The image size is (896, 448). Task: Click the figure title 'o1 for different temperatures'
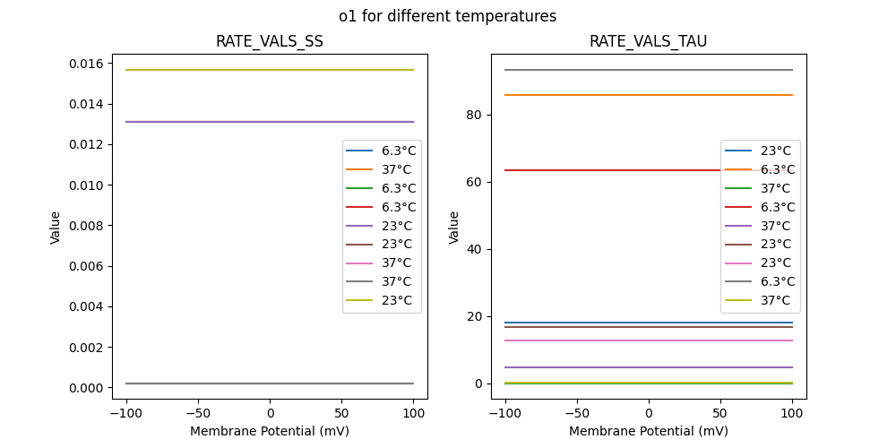(447, 16)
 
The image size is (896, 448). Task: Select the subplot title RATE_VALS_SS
(270, 42)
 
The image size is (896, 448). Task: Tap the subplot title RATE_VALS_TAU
(648, 42)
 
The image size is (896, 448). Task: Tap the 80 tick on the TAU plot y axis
(475, 115)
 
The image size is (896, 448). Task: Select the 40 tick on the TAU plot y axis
(475, 249)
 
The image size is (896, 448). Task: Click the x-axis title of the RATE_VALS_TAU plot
(648, 431)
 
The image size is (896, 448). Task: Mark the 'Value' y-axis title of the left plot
(56, 227)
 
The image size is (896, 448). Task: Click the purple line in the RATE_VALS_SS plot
(224, 122)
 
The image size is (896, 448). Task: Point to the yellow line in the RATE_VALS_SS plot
(224, 70)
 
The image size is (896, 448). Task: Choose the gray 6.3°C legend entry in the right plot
(760, 281)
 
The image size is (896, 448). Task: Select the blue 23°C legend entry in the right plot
(760, 151)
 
